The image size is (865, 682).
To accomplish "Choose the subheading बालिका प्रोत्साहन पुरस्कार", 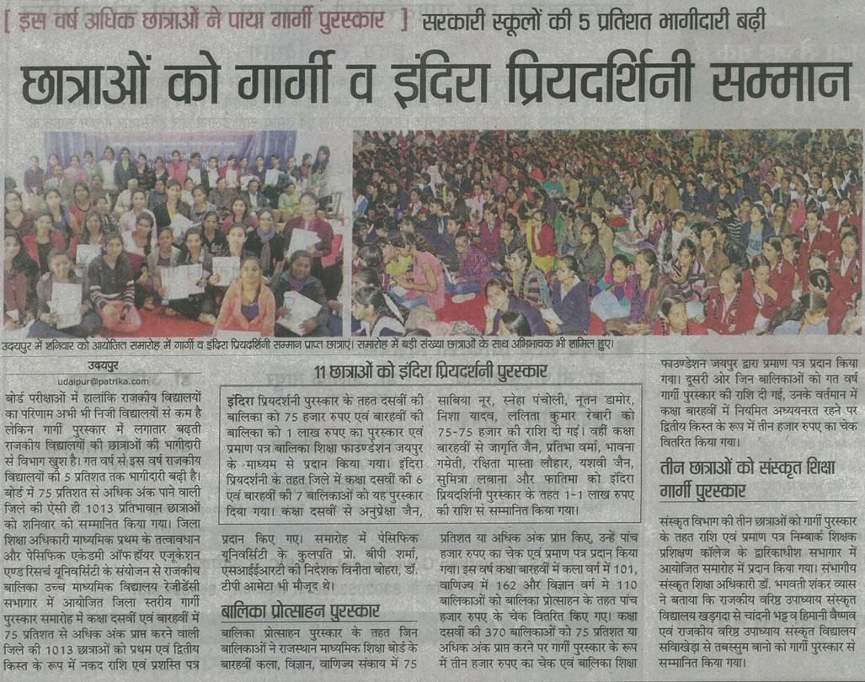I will [300, 611].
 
